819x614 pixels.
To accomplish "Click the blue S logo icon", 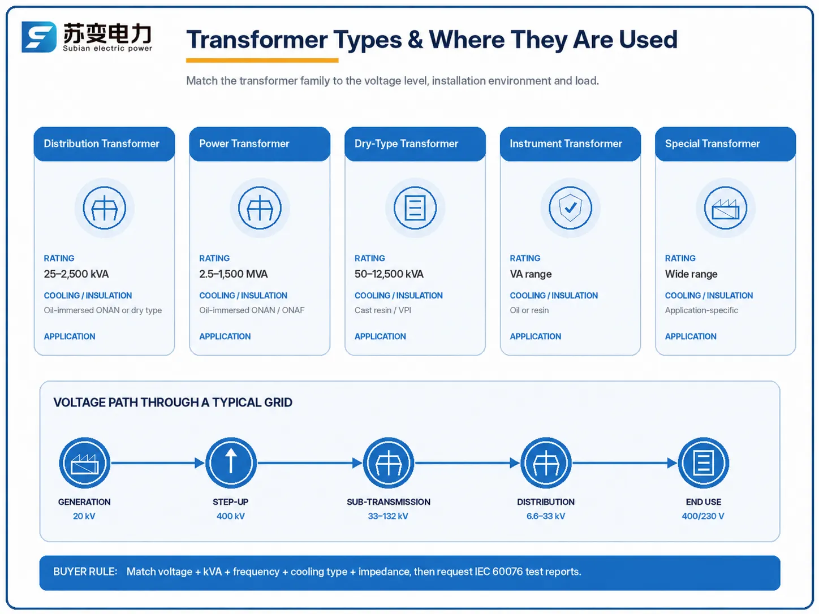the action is pos(39,37).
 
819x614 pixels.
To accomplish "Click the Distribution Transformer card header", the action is pos(104,144).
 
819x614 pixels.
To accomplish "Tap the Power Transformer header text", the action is pos(244,144).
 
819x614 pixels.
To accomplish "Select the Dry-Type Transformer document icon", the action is pos(415,207).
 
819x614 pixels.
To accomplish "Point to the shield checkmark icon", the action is pos(570,207).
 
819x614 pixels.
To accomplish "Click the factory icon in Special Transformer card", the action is pos(725,207).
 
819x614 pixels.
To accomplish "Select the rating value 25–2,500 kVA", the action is pos(76,274).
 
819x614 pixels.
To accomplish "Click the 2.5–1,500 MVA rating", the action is pos(233,274).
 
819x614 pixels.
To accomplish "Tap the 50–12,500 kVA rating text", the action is pos(389,274).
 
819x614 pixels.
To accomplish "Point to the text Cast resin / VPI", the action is pos(382,310).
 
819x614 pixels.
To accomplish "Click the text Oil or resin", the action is pos(529,310).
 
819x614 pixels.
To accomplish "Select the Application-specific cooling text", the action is pos(701,310).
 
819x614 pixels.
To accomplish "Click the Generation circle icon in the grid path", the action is pos(84,462).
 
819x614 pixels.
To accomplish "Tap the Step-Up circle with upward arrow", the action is pos(231,462).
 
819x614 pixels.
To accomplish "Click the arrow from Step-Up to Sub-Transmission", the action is pos(310,463).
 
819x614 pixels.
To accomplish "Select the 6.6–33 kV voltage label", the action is pos(545,516).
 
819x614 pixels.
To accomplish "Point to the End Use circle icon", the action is pos(703,462).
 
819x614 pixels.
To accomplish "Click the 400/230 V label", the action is pos(703,516).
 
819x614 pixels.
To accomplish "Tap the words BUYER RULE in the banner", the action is pos(85,572).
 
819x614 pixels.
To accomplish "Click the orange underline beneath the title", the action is pos(262,60).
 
